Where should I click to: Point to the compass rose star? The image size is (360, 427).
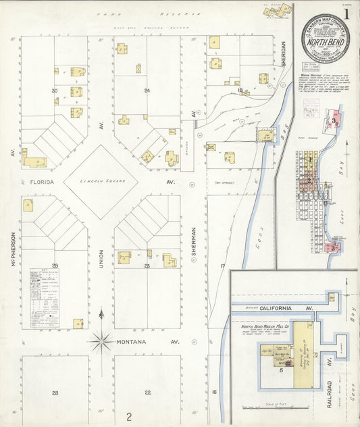(101, 341)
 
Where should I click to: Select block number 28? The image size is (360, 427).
(55, 393)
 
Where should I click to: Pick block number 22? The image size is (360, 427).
(147, 393)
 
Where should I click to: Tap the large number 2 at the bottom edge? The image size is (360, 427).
(128, 416)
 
